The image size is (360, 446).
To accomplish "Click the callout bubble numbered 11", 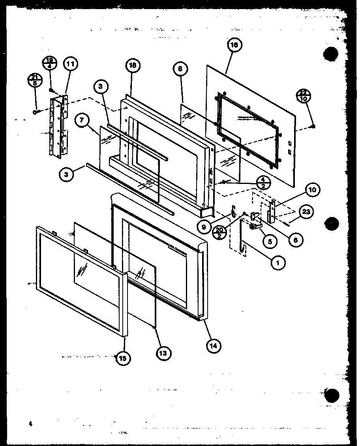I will [71, 64].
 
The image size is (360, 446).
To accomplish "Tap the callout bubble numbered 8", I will [180, 69].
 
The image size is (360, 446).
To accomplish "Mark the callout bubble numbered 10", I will [315, 190].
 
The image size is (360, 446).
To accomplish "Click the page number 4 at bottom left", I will [30, 424].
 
